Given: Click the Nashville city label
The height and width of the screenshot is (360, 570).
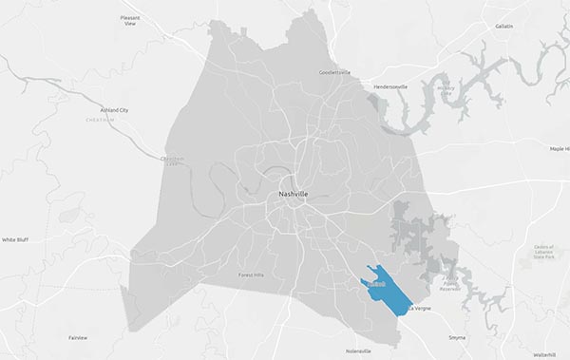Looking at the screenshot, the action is [x=293, y=194].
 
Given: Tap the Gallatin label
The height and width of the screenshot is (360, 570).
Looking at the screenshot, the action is [x=503, y=27].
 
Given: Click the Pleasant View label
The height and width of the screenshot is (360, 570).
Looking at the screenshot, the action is [x=130, y=21].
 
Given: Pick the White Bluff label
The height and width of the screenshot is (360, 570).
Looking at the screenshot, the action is [x=15, y=240].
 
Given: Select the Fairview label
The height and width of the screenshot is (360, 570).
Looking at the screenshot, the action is [x=78, y=337].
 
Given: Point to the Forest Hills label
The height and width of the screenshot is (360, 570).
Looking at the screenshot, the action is [x=256, y=275].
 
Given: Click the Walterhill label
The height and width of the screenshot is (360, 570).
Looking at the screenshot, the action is [x=544, y=353].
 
